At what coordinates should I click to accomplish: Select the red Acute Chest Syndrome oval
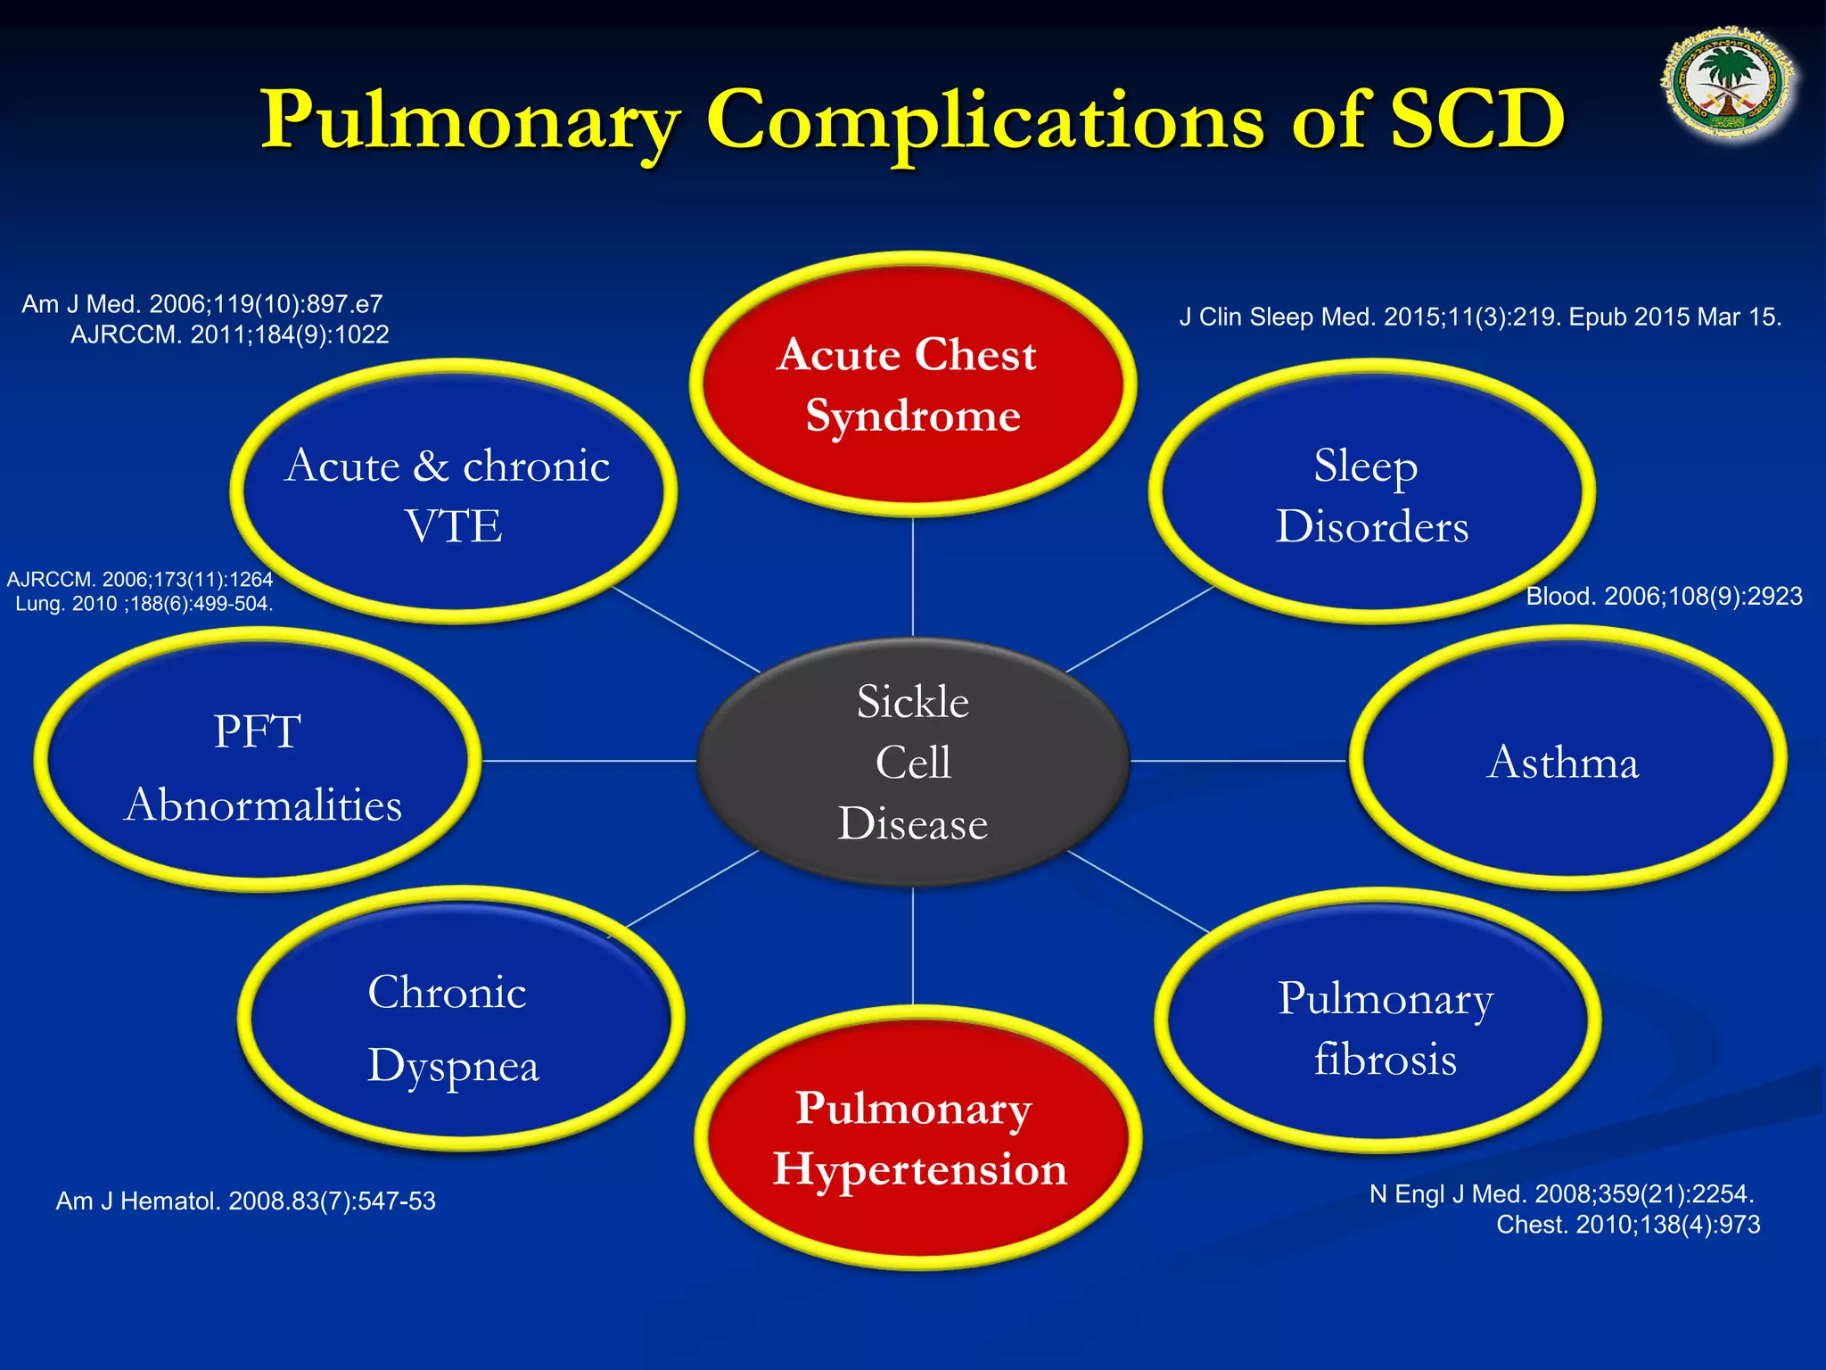coord(912,384)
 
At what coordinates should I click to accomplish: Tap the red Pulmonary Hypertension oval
coord(917,1138)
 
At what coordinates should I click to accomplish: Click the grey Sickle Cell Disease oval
coord(912,762)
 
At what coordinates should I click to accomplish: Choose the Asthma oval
coord(1567,760)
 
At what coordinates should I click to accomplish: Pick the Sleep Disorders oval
coord(1371,492)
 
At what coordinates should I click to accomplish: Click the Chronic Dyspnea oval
coord(458,1022)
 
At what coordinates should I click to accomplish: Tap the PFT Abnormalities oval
coord(259,762)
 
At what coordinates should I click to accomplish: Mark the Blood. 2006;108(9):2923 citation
coord(1664,596)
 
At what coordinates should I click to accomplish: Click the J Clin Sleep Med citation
coord(1480,317)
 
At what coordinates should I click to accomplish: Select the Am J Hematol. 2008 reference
coord(245,1201)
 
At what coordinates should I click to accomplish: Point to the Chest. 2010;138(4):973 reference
coord(1627,1225)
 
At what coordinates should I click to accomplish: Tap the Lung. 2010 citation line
coord(144,604)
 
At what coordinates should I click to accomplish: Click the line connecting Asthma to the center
coord(1239,761)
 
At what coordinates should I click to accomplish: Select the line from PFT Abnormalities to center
coord(588,761)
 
